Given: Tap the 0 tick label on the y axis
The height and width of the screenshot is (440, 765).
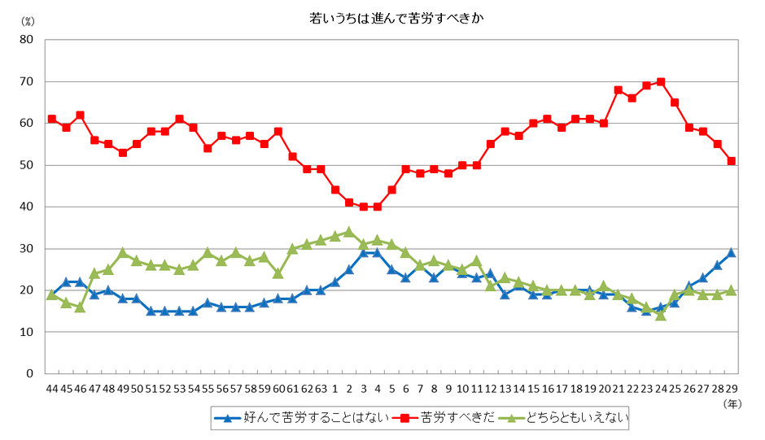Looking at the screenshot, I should [28, 374].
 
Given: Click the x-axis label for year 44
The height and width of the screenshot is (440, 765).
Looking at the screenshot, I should [51, 389].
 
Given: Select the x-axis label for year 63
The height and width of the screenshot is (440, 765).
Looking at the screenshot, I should [321, 389].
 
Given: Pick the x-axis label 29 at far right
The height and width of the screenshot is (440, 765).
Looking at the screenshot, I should [731, 389].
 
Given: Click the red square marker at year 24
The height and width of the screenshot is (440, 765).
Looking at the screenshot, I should [661, 81].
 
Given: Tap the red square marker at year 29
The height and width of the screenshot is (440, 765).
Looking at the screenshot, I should [732, 161].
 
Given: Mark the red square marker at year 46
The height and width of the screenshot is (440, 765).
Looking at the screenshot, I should [80, 115].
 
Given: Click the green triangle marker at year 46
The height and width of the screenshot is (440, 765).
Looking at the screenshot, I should [80, 307].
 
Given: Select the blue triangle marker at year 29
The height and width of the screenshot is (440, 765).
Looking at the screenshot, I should [732, 252].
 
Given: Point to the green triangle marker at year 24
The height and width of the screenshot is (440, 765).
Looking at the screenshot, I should [661, 315].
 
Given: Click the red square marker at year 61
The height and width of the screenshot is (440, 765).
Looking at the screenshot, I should [292, 156].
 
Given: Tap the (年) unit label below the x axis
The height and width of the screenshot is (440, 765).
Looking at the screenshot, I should [732, 403].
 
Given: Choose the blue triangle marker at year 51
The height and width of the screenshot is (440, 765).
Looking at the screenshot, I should [151, 311].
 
